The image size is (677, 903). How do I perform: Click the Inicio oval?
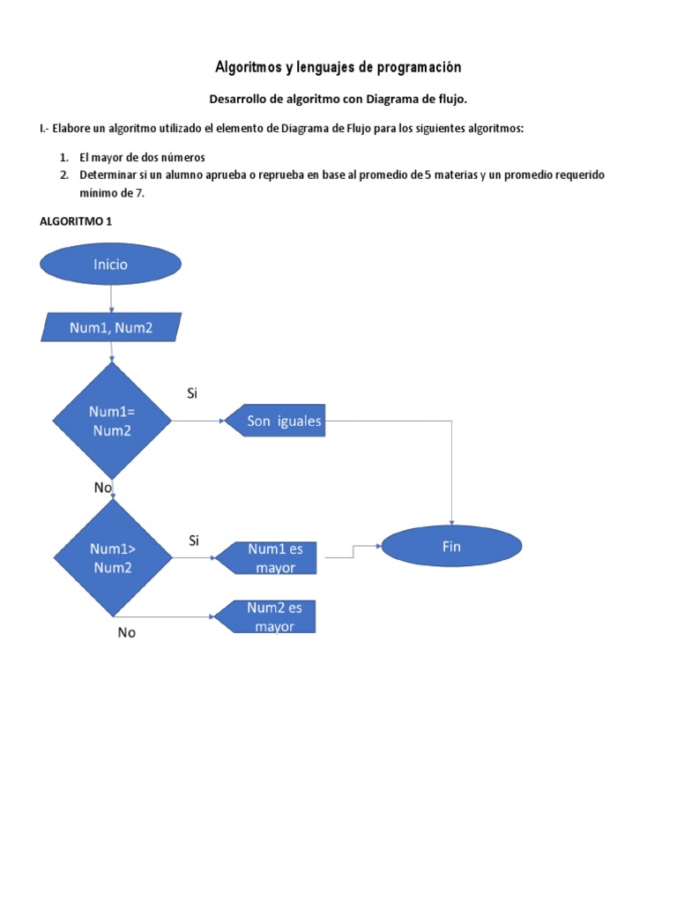[x=111, y=265]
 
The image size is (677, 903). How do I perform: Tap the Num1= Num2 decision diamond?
[x=111, y=422]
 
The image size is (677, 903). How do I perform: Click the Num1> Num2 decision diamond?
[x=111, y=557]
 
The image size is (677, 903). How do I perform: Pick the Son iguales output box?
[x=274, y=422]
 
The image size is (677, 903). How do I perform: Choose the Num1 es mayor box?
[x=266, y=558]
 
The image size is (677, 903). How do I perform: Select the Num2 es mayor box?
[x=266, y=617]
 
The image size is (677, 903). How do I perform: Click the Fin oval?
[x=451, y=547]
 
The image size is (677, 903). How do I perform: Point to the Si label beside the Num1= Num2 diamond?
[x=192, y=393]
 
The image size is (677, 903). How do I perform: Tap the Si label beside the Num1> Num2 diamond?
[x=193, y=540]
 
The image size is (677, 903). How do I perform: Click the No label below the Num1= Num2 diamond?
[x=102, y=487]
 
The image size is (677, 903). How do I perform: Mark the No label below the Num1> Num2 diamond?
[x=127, y=632]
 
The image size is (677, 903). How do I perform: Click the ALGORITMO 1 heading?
[x=76, y=221]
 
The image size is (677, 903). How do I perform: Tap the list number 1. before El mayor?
[x=64, y=157]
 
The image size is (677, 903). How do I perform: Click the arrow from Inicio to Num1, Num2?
[x=111, y=299]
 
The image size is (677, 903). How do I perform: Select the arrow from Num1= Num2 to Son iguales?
[x=197, y=422]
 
